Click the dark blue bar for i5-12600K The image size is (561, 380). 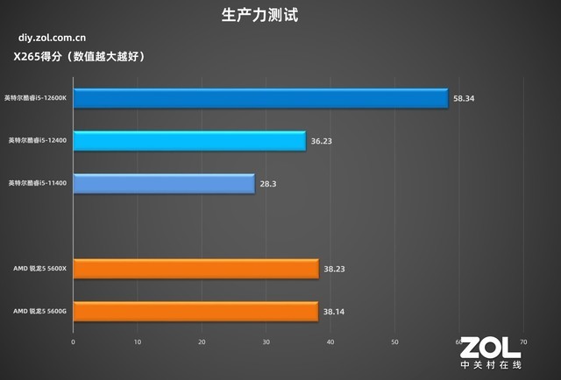(x=260, y=99)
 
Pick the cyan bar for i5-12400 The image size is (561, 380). (x=189, y=141)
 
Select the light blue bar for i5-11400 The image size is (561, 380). (x=164, y=184)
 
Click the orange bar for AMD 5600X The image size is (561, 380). (x=195, y=269)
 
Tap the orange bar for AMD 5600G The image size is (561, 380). (x=195, y=311)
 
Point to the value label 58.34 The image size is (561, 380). (x=463, y=99)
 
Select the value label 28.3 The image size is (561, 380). (x=267, y=184)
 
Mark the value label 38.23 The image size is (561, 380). (x=334, y=269)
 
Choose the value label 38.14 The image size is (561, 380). (x=333, y=311)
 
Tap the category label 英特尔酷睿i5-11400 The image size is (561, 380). (x=39, y=183)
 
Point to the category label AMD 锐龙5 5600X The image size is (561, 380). (x=39, y=268)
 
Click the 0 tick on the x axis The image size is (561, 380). (x=74, y=341)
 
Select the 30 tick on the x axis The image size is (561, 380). (x=266, y=341)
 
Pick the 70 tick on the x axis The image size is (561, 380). (x=523, y=341)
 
